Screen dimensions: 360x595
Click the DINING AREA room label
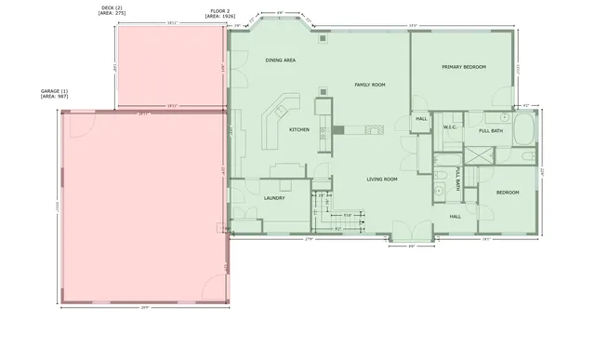tap(280, 60)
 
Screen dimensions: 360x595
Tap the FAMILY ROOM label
tap(370, 85)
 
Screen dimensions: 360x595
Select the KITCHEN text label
tap(299, 129)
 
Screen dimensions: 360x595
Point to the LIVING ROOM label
tap(381, 179)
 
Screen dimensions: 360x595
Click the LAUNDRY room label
tap(274, 197)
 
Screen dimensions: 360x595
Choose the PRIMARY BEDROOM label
tap(464, 67)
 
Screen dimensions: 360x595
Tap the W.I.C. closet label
tap(449, 127)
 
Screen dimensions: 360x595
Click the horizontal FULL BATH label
tap(491, 131)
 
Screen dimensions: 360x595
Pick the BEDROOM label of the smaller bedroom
tap(507, 193)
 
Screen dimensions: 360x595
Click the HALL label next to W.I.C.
tap(421, 119)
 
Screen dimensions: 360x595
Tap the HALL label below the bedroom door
tap(456, 217)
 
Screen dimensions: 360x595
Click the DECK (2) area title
tap(112, 9)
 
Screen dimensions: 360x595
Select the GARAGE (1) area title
tap(55, 93)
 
